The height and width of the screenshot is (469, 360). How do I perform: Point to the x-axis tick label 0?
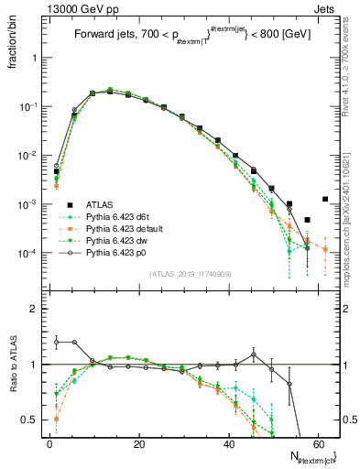[49, 442]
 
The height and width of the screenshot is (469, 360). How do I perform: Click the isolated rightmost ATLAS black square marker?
[325, 199]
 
